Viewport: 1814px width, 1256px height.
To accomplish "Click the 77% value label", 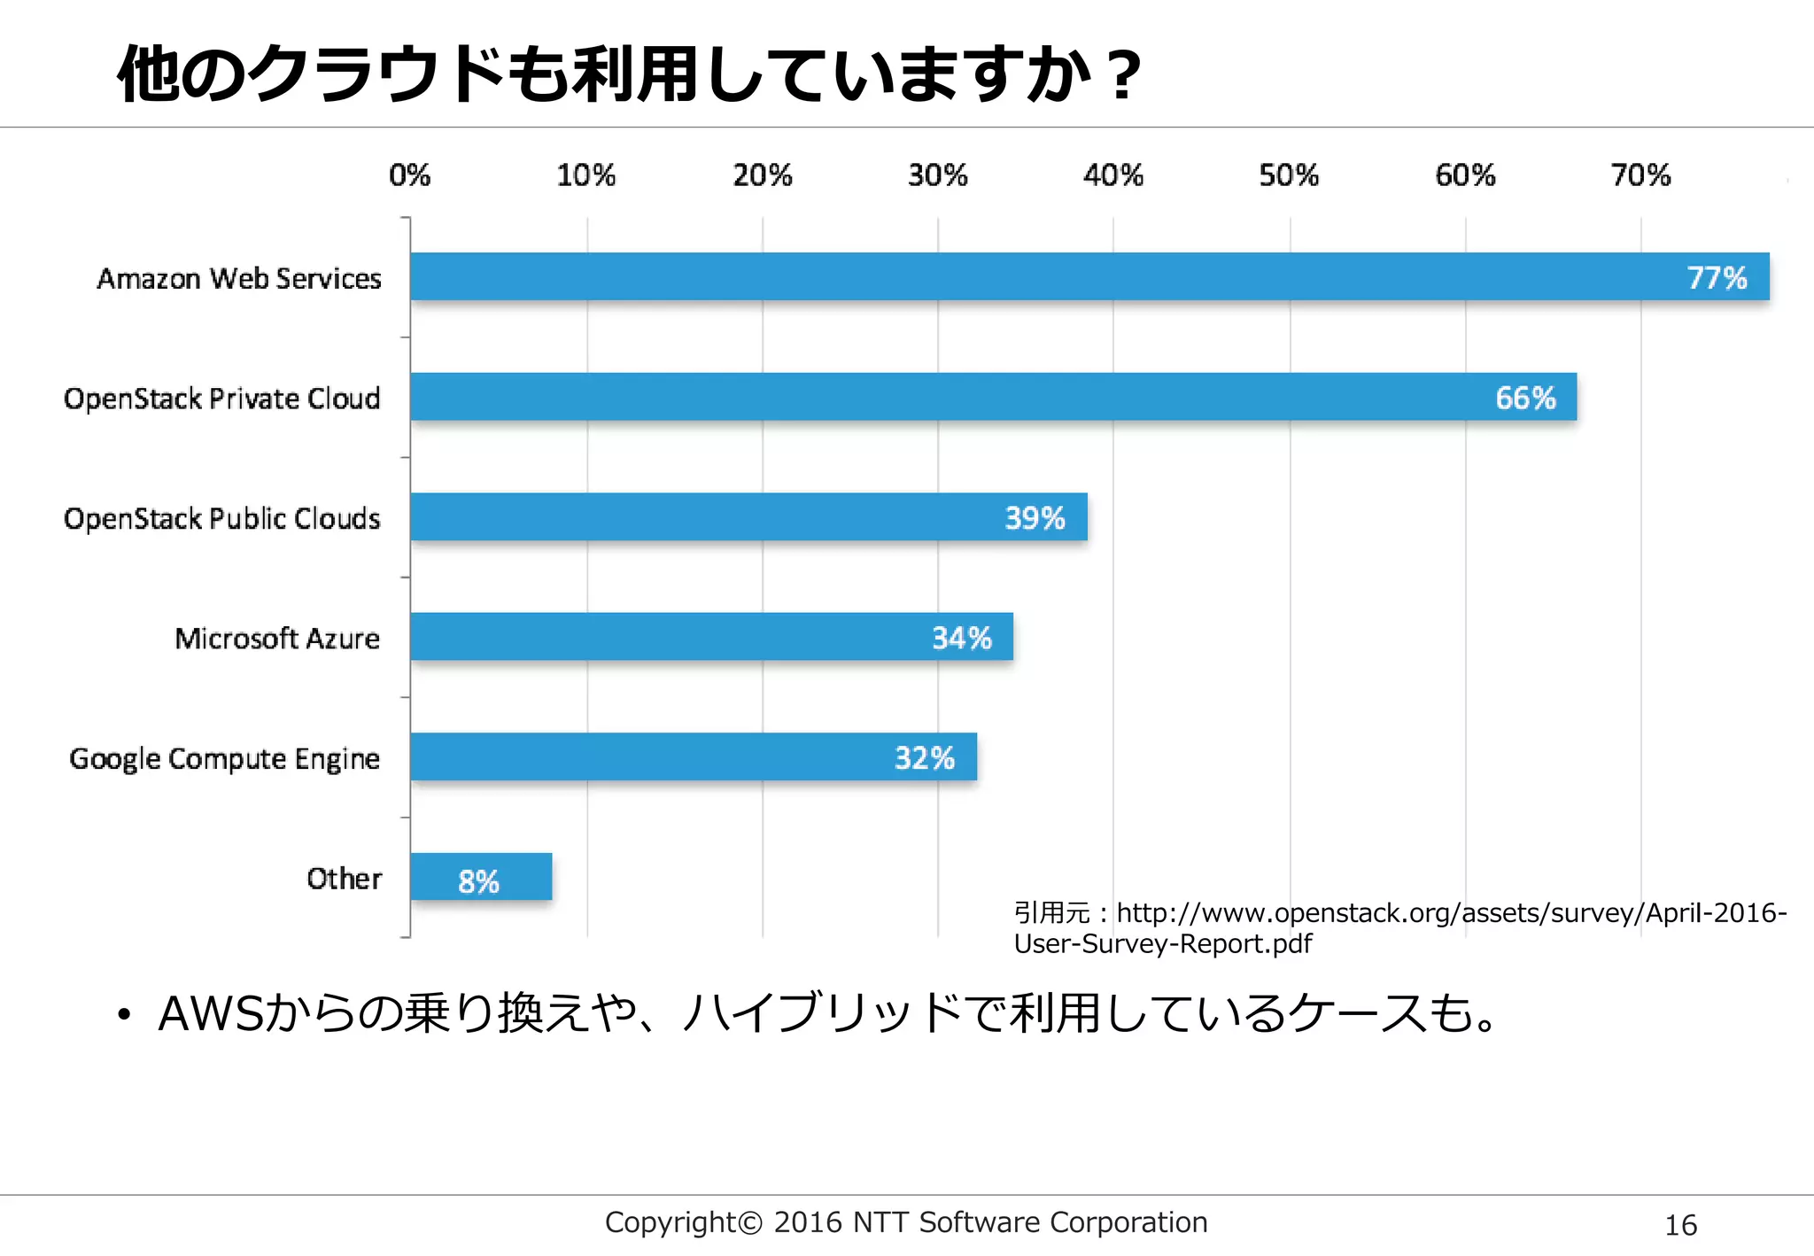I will point(1717,278).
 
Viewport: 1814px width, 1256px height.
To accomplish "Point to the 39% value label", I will point(1035,518).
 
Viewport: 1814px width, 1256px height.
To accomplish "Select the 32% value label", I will point(924,758).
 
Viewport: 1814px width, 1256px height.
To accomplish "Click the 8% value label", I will point(478,881).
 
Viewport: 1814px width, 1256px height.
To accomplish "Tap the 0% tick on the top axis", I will point(409,175).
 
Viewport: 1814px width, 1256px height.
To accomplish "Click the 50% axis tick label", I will point(1289,175).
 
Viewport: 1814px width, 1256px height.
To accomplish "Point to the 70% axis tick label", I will point(1640,175).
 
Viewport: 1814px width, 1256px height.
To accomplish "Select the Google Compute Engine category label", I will point(224,759).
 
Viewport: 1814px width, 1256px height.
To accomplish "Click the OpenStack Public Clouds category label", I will point(221,518).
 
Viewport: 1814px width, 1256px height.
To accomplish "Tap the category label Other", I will point(344,879).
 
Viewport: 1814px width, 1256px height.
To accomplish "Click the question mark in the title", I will point(1124,76).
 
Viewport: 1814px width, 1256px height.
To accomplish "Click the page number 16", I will point(1680,1226).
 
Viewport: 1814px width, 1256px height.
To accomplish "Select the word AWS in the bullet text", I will point(211,1014).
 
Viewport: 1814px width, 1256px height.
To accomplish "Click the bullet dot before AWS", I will point(124,1016).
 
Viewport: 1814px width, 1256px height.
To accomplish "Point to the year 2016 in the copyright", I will point(807,1222).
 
